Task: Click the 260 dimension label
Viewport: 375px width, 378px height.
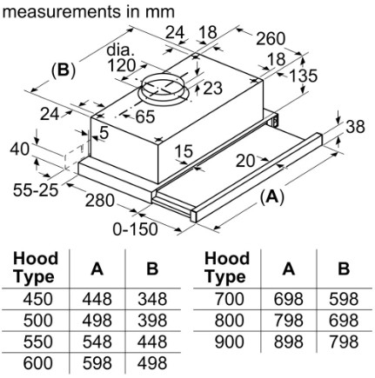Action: pyautogui.click(x=271, y=38)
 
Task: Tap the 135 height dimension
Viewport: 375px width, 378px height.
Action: pyautogui.click(x=304, y=76)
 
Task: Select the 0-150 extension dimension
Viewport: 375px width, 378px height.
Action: pyautogui.click(x=135, y=229)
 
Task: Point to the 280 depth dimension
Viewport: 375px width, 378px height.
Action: pyautogui.click(x=99, y=201)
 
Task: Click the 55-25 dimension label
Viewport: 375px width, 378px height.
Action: pyautogui.click(x=36, y=190)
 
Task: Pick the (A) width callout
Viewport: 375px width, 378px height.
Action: pyautogui.click(x=271, y=197)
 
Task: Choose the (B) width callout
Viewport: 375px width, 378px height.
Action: pyautogui.click(x=64, y=70)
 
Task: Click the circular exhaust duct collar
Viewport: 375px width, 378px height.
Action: pyautogui.click(x=164, y=90)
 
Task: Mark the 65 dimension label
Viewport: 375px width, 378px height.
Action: pyautogui.click(x=145, y=116)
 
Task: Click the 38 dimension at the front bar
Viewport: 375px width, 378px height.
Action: pyautogui.click(x=355, y=127)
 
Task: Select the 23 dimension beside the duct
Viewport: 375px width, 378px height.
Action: pyautogui.click(x=212, y=88)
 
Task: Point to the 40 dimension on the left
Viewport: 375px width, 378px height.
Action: pyautogui.click(x=19, y=149)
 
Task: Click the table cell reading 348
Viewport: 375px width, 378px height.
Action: pyautogui.click(x=152, y=299)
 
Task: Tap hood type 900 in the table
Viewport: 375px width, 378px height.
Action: pyautogui.click(x=229, y=342)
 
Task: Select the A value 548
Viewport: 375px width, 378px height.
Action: pyautogui.click(x=97, y=342)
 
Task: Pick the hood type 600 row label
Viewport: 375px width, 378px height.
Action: pyautogui.click(x=37, y=363)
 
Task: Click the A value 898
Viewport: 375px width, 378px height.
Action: pyautogui.click(x=289, y=342)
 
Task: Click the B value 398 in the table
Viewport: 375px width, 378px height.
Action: pyautogui.click(x=152, y=321)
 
